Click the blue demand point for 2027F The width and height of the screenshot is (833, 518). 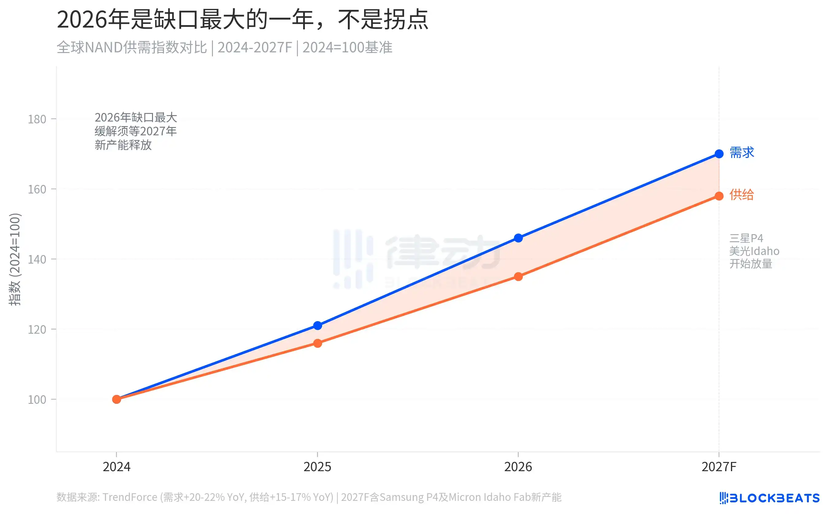[x=719, y=154]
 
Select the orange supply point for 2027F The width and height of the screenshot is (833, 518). [x=719, y=196]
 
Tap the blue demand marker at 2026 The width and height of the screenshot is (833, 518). [x=518, y=238]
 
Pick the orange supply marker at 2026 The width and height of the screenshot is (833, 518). [x=518, y=276]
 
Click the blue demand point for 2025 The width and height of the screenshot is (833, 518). [x=318, y=325]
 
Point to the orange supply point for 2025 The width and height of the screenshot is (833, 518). [x=318, y=343]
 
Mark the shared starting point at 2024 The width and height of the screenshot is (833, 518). [x=116, y=399]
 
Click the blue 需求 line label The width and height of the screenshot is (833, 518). [x=742, y=152]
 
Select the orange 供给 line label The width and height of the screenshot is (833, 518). [x=741, y=195]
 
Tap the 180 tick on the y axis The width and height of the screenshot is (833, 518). [x=37, y=119]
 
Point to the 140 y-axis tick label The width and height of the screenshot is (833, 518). [x=37, y=259]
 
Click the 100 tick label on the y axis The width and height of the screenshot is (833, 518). [x=37, y=400]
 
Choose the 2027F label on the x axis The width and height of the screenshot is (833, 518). [x=719, y=467]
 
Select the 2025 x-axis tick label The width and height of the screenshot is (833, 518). [x=318, y=467]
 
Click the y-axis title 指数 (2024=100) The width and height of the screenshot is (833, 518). [x=15, y=259]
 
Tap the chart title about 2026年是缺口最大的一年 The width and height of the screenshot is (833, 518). [x=242, y=20]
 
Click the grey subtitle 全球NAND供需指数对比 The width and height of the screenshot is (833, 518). [x=132, y=47]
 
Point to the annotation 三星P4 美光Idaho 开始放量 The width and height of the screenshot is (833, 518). [x=754, y=251]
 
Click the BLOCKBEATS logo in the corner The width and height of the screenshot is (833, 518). [x=769, y=497]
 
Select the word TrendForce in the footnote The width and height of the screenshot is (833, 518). [x=130, y=497]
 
